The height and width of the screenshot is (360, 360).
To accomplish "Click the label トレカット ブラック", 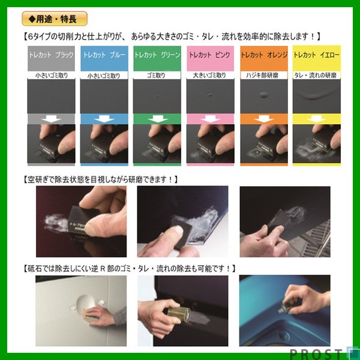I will [51, 55].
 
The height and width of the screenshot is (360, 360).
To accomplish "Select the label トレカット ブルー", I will [104, 55].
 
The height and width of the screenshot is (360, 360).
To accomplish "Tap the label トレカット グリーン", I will [157, 55].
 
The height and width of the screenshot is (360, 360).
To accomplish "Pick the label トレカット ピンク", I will [211, 55].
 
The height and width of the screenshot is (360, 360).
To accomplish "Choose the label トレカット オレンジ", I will [264, 55].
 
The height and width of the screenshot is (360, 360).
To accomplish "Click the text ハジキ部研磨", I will [264, 76].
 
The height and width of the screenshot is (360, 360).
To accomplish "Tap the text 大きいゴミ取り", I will [211, 76].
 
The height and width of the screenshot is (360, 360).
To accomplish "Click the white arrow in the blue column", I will [104, 119].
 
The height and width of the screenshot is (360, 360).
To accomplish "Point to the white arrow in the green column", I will [157, 119].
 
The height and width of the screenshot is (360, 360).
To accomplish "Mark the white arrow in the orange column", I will [264, 119].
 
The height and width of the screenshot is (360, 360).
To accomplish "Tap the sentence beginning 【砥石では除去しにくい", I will [128, 268].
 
